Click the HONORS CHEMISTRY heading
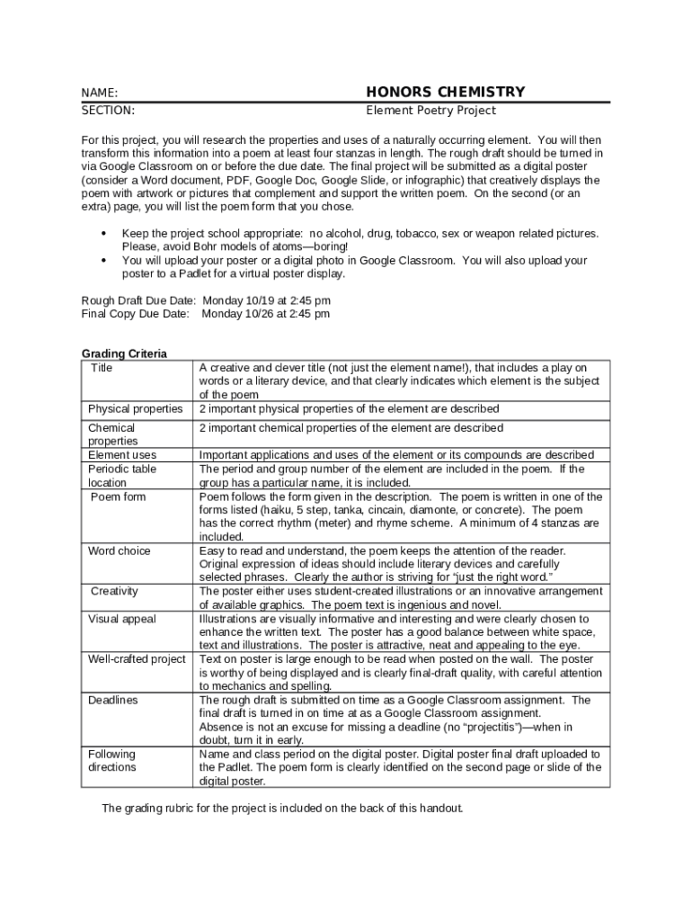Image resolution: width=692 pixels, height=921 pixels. pos(445,92)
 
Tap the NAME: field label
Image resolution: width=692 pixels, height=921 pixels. pos(100,93)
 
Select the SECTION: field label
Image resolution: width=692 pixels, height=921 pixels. pos(108,111)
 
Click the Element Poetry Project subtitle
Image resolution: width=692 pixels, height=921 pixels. pos(430,111)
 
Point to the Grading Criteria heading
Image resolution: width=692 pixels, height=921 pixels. pos(124,354)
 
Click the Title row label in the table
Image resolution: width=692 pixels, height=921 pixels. pos(102,368)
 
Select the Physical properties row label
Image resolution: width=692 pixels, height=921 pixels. pos(135,409)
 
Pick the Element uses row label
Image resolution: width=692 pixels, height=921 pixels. pos(122,455)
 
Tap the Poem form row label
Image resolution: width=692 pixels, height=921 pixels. pos(118,496)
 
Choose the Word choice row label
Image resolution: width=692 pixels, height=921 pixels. pos(120,550)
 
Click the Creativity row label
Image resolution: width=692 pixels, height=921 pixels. pos(114,591)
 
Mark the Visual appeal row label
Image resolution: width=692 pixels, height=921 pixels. pos(122,619)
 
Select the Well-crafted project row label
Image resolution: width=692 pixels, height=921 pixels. pos(137,659)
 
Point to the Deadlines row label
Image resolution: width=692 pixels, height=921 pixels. pos(113,700)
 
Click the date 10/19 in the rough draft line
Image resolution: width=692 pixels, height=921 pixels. pos(257,300)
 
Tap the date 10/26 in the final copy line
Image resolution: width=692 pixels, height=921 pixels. pos(255,314)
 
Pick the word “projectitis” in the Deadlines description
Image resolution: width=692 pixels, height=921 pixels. pos(479,727)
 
